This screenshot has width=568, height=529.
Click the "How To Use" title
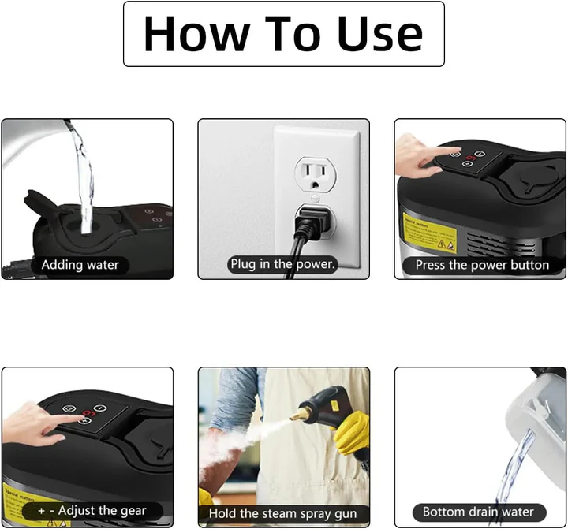[283, 34]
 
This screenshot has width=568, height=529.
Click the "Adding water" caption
[80, 265]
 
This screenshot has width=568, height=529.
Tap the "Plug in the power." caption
[283, 265]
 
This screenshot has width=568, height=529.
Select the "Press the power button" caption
[481, 265]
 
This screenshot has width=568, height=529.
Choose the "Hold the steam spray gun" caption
[283, 512]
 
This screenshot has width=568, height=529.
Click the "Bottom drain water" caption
[478, 512]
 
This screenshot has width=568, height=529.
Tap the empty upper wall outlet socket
[316, 173]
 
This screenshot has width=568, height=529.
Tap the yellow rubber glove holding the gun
[351, 433]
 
